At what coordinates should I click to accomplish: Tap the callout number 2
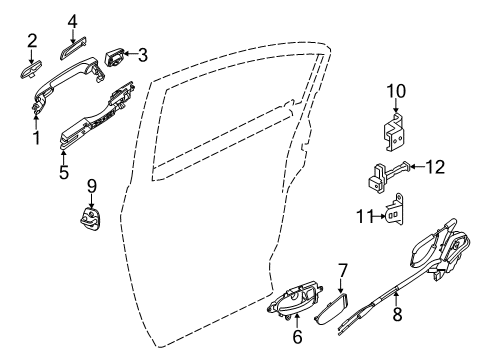coord(32,40)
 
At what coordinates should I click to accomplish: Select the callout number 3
coord(142,54)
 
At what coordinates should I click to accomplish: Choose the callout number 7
coord(343,270)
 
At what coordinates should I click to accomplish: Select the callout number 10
coord(395,92)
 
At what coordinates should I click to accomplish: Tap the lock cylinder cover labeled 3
coord(112,54)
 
